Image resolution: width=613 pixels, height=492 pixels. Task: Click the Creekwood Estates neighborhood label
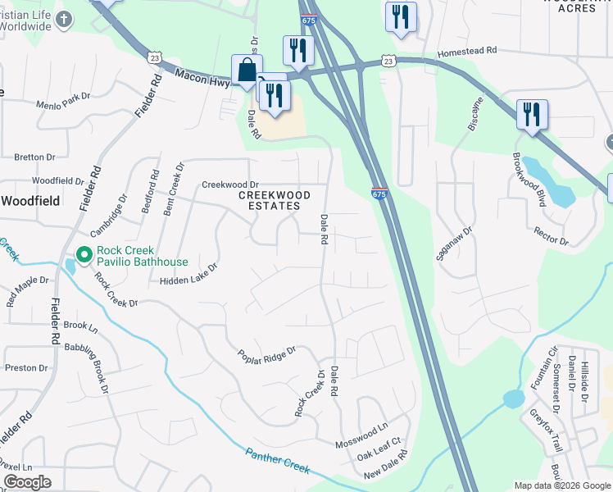[x=275, y=200]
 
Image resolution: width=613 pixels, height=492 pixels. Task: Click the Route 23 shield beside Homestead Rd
[x=388, y=61]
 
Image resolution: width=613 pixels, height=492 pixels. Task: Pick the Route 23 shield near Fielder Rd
[x=154, y=57]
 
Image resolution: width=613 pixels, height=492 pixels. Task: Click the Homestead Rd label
[x=468, y=50]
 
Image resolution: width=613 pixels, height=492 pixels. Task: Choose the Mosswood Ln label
[x=361, y=436]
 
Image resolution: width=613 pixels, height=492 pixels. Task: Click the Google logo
[x=27, y=482]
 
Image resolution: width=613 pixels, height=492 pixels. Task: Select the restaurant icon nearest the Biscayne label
[x=532, y=115]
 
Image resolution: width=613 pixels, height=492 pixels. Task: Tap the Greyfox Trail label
[x=545, y=431]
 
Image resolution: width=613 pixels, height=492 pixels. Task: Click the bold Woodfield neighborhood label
[x=30, y=200]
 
